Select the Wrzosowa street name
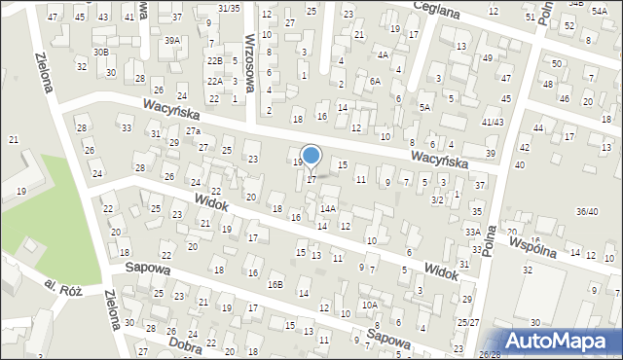[x=251, y=60]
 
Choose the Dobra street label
[x=184, y=343]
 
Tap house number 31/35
[x=228, y=8]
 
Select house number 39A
[x=172, y=40]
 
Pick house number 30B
[x=101, y=52]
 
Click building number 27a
[x=194, y=130]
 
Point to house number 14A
[x=328, y=208]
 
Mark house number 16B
[x=276, y=284]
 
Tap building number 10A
[x=369, y=305]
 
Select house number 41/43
[x=492, y=122]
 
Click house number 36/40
[x=587, y=211]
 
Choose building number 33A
[x=472, y=232]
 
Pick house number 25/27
[x=468, y=322]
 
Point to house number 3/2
[x=438, y=198]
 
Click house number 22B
[x=214, y=60]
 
